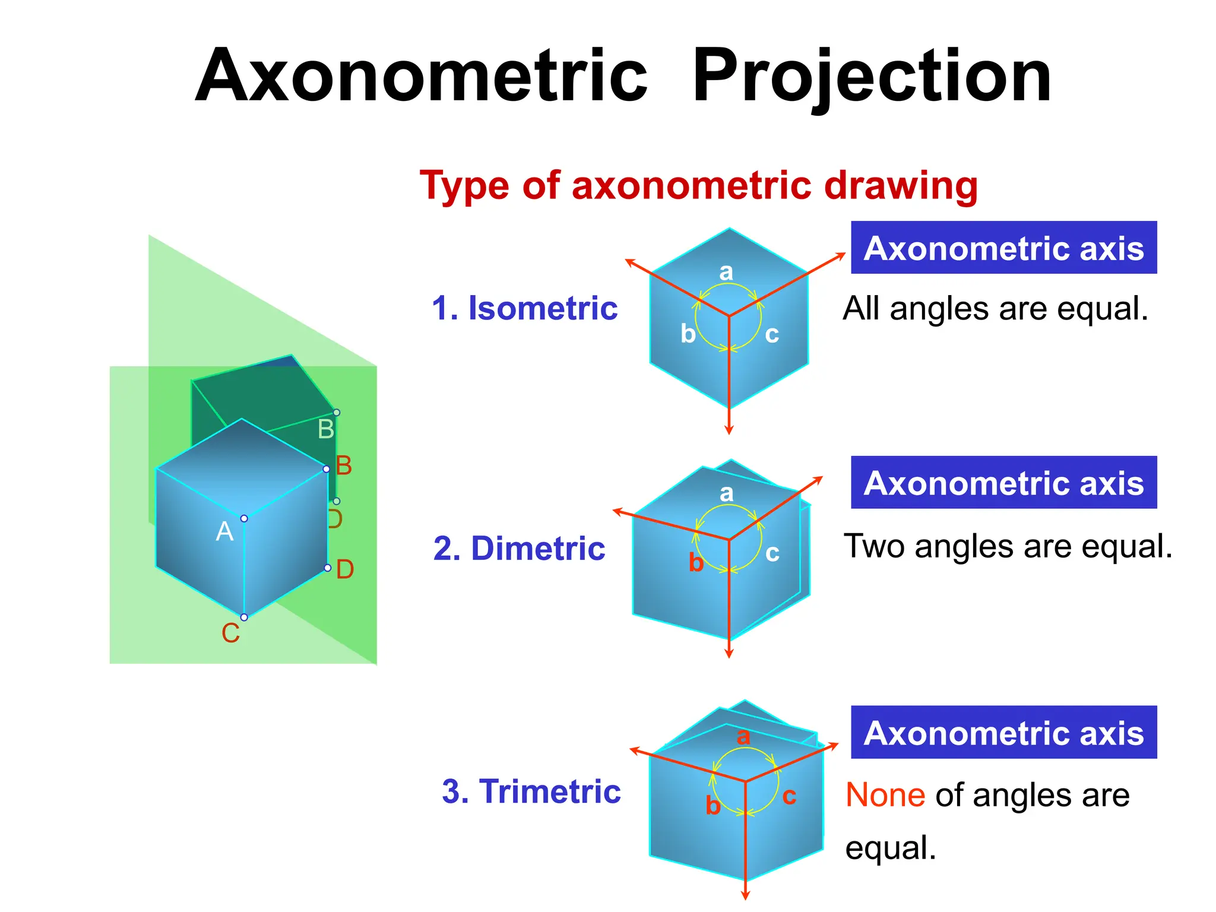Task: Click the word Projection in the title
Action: (x=871, y=77)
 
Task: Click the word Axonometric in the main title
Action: (x=421, y=77)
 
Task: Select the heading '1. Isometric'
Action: (x=525, y=308)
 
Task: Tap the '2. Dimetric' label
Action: (x=519, y=548)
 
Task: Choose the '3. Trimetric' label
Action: (x=531, y=791)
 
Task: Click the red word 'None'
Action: (x=885, y=795)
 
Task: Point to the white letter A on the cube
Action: (x=224, y=531)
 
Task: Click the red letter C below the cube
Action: (x=230, y=634)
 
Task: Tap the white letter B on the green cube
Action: (x=326, y=429)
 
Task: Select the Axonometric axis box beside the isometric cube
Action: (x=1003, y=248)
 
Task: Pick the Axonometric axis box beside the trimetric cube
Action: (x=1003, y=732)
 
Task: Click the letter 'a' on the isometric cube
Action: (x=726, y=272)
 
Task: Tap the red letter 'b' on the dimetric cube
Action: (x=696, y=562)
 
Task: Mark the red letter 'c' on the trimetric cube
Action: (x=789, y=796)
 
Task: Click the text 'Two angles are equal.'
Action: (x=1008, y=546)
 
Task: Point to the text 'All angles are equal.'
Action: (x=995, y=309)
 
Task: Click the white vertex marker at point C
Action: (x=244, y=617)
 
